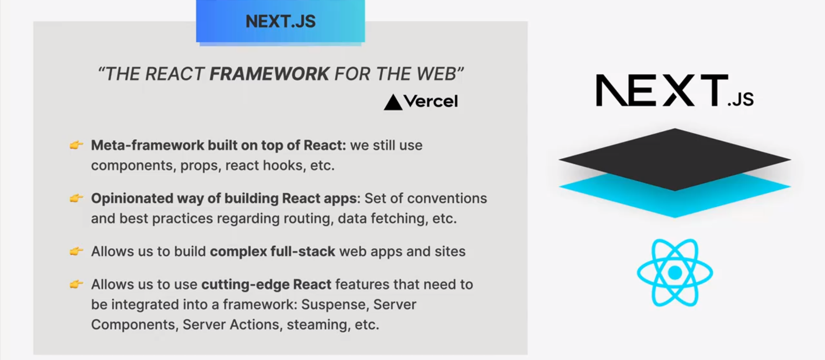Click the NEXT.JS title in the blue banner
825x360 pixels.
281,21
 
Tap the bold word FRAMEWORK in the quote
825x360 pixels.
269,74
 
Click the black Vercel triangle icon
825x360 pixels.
393,102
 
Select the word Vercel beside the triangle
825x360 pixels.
431,101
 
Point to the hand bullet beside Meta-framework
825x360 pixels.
76,145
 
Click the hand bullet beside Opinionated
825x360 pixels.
76,198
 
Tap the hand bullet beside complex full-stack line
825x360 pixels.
76,251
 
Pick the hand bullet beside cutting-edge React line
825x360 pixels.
76,284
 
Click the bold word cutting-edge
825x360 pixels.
245,285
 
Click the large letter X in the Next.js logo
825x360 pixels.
679,90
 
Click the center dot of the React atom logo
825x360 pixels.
675,273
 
